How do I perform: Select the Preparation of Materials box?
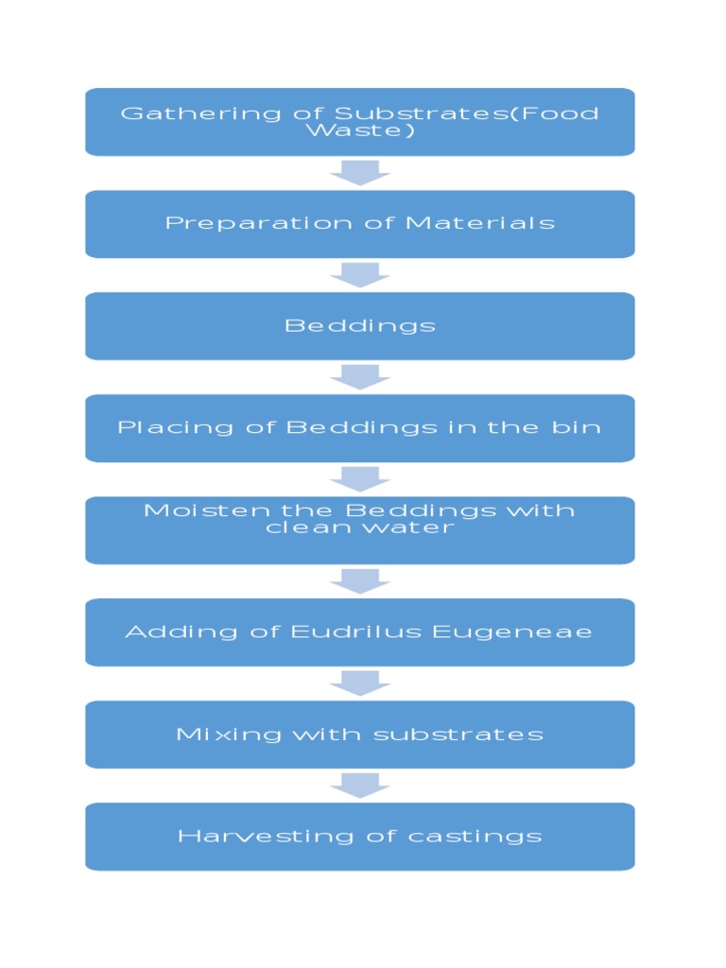click(359, 224)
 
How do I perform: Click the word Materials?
click(480, 224)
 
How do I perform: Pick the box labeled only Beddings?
click(359, 326)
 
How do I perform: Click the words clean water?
click(359, 527)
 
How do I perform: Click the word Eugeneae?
click(512, 631)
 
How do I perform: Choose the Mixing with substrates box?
click(359, 735)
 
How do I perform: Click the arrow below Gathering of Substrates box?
click(359, 172)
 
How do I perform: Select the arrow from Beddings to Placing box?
click(359, 376)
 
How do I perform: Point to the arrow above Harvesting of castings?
click(359, 785)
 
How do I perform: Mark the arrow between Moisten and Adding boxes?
click(359, 580)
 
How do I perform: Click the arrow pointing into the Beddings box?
click(359, 274)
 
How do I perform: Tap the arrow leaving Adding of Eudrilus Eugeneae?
click(359, 683)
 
